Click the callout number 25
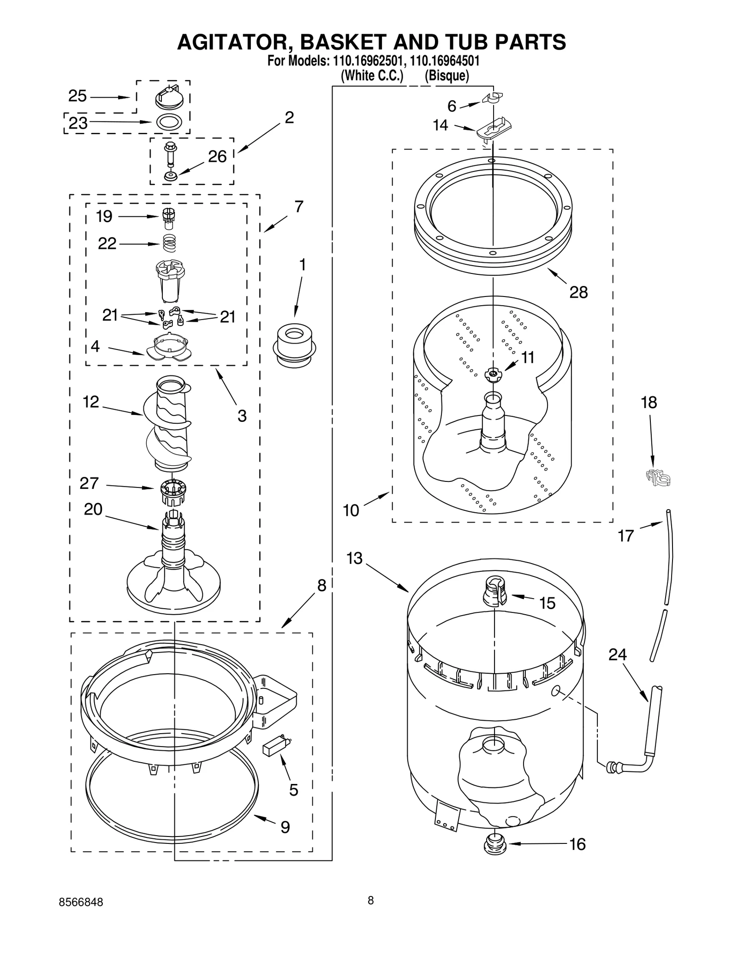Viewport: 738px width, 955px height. pos(77,96)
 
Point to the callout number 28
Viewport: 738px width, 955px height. pos(578,292)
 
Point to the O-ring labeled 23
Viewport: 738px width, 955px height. pos(169,122)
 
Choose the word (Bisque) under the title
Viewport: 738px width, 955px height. pos(446,76)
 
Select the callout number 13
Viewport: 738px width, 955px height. pos(354,558)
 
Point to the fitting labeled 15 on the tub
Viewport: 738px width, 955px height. pos(494,592)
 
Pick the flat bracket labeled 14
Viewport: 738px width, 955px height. pos(494,128)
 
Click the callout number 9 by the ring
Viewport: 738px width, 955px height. pos(285,827)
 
